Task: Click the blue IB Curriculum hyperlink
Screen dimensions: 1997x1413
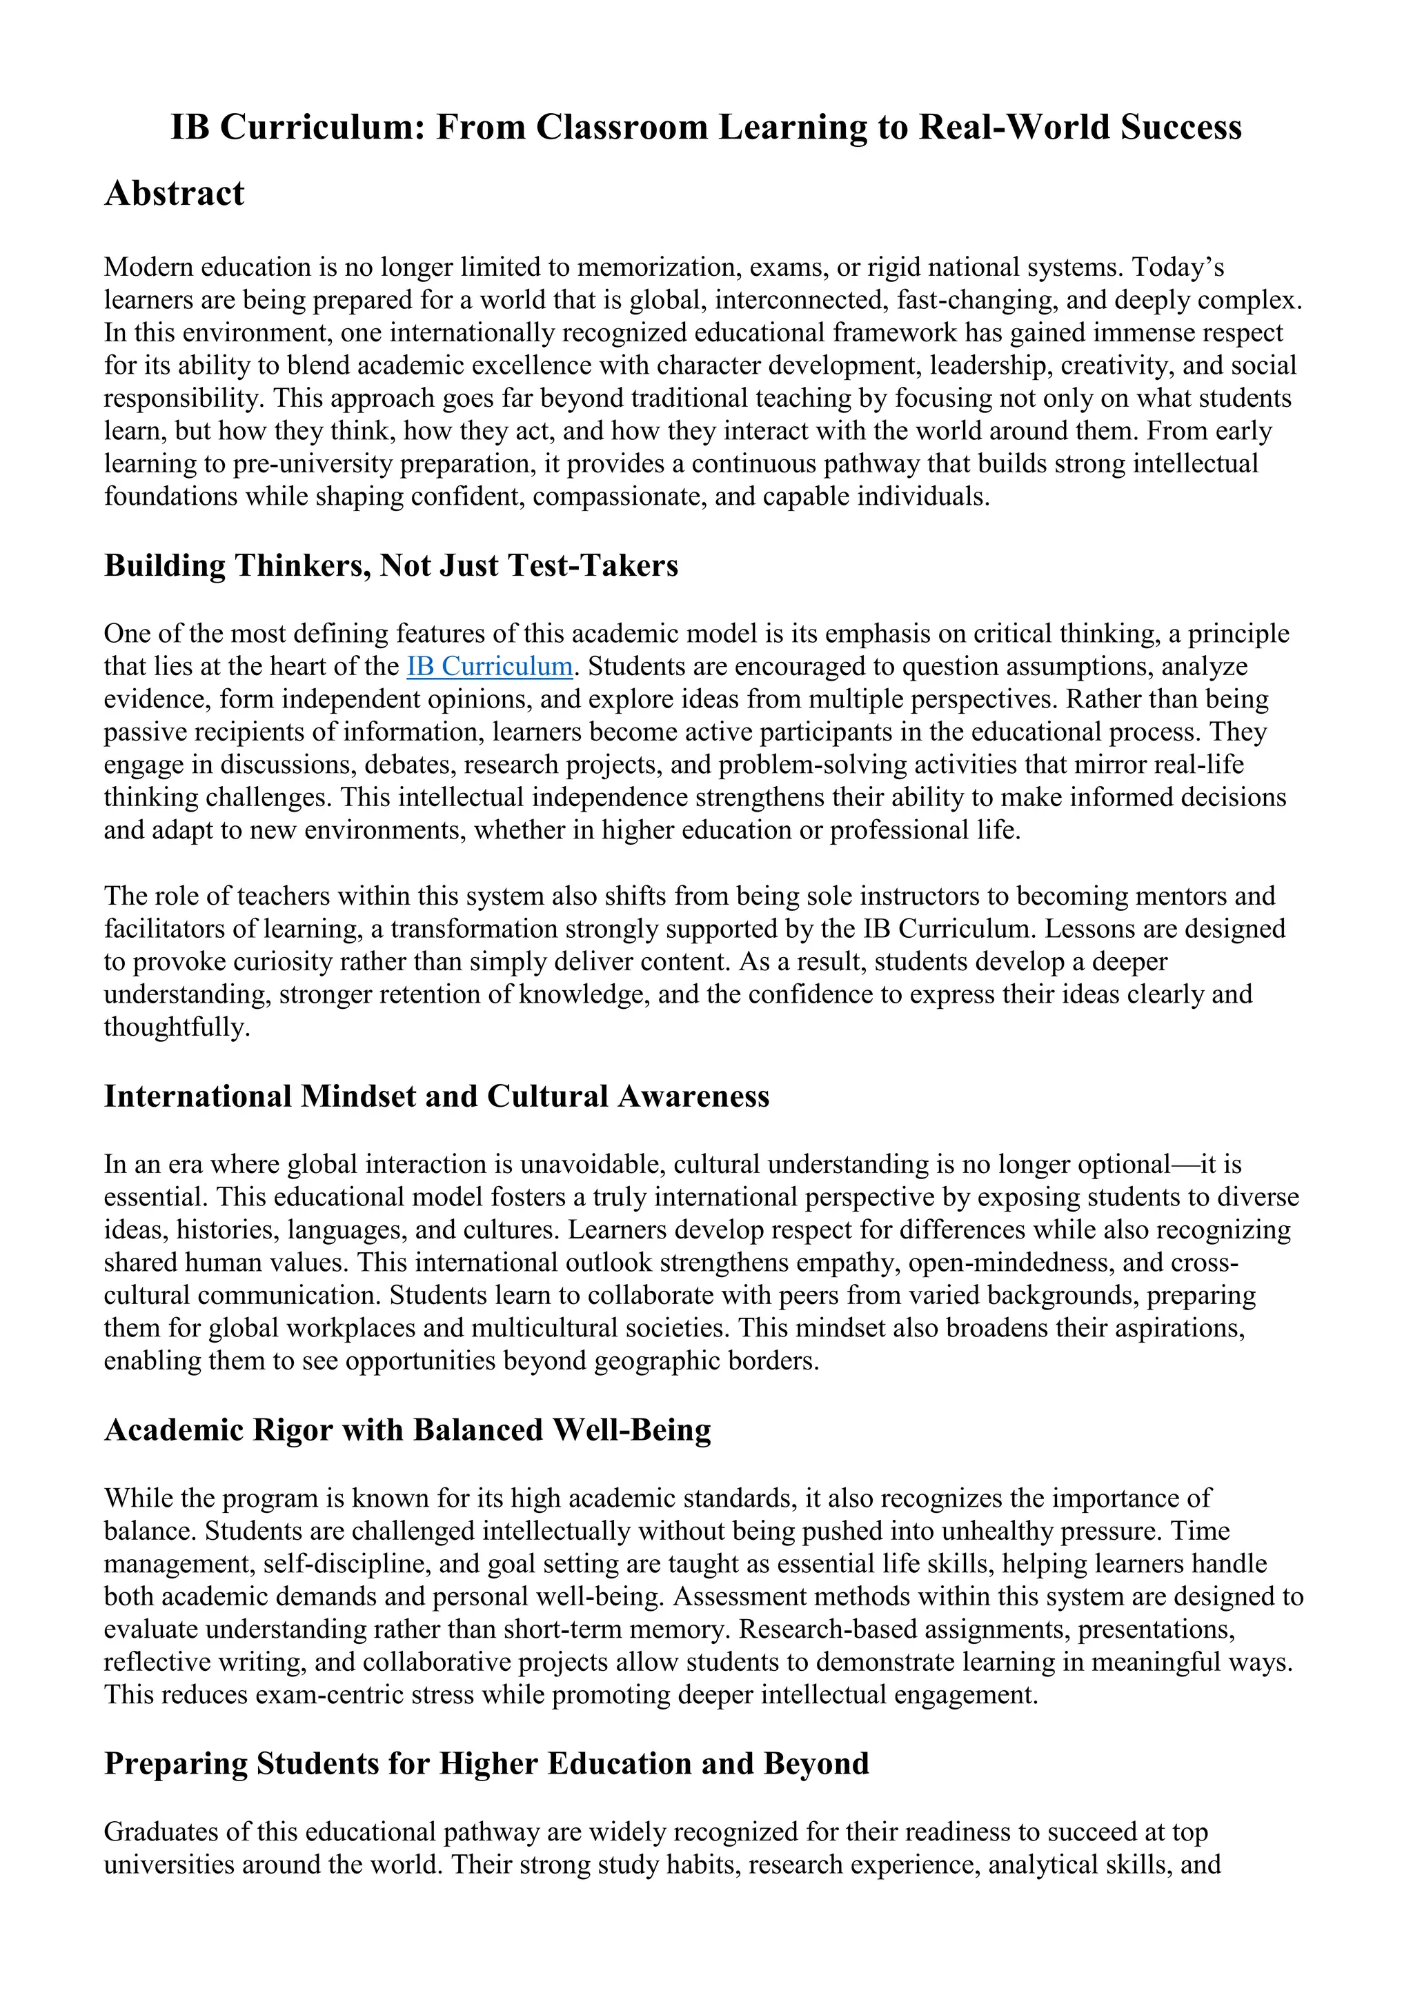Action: click(x=489, y=666)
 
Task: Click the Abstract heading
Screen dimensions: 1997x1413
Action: click(x=174, y=193)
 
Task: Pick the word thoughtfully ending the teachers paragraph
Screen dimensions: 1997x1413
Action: click(x=177, y=1027)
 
